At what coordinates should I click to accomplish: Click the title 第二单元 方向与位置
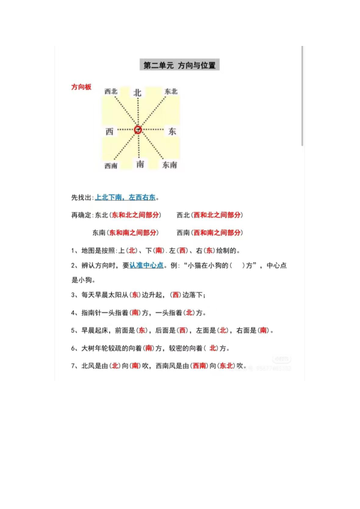click(179, 65)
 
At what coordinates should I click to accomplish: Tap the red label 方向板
click(81, 88)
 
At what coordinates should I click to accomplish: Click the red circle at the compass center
click(138, 129)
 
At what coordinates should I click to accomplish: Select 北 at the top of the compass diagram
click(138, 92)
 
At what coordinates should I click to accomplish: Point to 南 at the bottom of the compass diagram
click(140, 164)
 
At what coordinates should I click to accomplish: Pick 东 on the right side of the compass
click(172, 131)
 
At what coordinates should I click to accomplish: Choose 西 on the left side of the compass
click(109, 131)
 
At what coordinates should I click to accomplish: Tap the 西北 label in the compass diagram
click(111, 91)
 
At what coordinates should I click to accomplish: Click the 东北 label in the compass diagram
click(171, 91)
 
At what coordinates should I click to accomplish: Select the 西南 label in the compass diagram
click(111, 166)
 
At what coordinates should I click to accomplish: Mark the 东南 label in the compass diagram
click(170, 165)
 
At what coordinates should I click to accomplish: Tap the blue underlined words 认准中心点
click(146, 265)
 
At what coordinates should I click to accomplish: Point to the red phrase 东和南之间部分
click(133, 232)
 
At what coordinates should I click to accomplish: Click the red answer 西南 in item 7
click(199, 366)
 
